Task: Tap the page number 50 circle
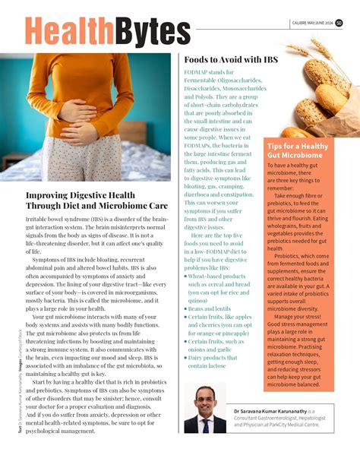click(x=339, y=22)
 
